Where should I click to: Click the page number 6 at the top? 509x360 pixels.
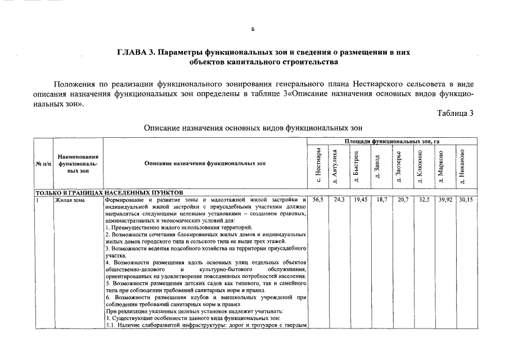click(x=253, y=29)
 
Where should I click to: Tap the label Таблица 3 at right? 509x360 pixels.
click(x=456, y=113)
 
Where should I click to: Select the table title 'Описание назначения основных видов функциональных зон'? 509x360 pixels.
click(x=254, y=128)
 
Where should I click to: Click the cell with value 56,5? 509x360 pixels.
click(x=318, y=200)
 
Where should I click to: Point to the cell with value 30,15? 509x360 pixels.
click(x=465, y=200)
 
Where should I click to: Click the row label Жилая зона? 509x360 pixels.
click(x=69, y=200)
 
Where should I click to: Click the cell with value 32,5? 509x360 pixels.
click(x=423, y=200)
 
